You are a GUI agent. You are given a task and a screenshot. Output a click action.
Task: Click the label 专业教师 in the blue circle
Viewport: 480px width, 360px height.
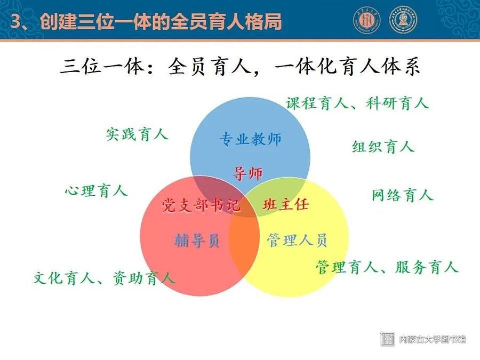pyautogui.click(x=250, y=139)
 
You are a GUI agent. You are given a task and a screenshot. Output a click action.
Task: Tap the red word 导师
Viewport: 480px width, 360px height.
pyautogui.click(x=247, y=173)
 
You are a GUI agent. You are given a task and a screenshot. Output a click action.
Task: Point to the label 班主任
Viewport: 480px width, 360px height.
pyautogui.click(x=286, y=204)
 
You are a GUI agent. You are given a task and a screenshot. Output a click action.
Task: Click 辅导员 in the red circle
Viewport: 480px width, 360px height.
pyautogui.click(x=197, y=239)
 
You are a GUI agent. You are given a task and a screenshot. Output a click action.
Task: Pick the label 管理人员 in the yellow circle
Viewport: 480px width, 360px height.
pyautogui.click(x=297, y=239)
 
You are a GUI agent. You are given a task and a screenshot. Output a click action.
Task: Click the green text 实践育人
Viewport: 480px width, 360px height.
pyautogui.click(x=137, y=134)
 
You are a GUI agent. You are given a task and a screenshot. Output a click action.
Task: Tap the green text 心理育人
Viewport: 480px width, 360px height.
pyautogui.click(x=96, y=191)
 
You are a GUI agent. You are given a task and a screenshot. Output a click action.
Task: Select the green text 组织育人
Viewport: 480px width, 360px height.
pyautogui.click(x=383, y=146)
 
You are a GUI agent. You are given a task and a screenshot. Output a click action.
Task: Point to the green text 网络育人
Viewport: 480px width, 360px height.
pyautogui.click(x=403, y=195)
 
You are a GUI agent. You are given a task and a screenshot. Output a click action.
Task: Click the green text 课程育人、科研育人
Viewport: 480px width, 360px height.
pyautogui.click(x=357, y=103)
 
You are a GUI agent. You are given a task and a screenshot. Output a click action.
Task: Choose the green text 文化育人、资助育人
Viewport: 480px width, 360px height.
pyautogui.click(x=104, y=278)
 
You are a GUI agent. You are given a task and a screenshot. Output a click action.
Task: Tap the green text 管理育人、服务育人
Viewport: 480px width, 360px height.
pyautogui.click(x=387, y=267)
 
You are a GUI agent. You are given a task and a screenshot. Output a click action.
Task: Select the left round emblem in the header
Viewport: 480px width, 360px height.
pyautogui.click(x=367, y=20)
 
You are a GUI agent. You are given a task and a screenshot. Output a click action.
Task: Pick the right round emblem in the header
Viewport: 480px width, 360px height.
pyautogui.click(x=403, y=20)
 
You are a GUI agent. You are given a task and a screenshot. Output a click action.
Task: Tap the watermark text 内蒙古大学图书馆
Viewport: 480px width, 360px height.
pyautogui.click(x=433, y=339)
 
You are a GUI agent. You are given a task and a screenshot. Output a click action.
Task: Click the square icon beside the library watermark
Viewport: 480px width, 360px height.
pyautogui.click(x=387, y=339)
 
